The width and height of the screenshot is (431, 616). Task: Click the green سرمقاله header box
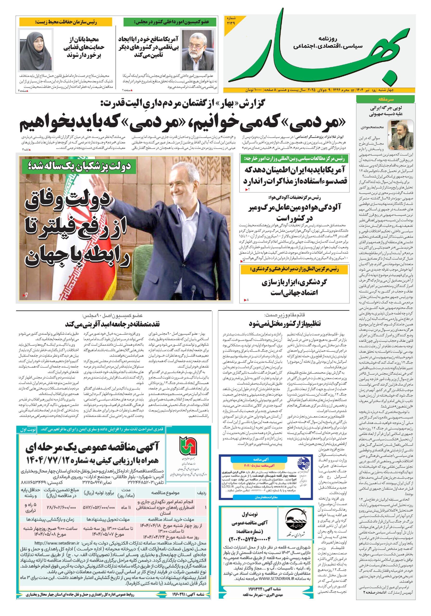pos(385,100)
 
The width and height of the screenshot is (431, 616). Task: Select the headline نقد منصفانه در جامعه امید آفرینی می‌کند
pos(113,324)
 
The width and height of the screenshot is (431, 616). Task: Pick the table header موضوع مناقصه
pos(165,493)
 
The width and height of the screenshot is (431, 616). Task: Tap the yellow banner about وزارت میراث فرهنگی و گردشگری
pos(294,270)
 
